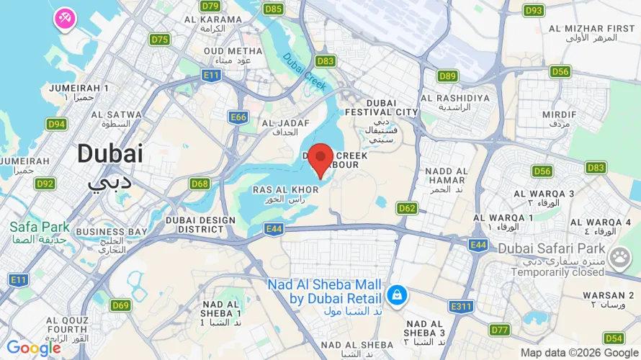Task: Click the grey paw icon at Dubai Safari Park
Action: pos(619,256)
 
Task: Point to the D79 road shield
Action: pos(210,6)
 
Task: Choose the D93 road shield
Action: pos(534,10)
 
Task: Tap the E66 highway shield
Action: pos(238,117)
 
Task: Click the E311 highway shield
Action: pos(462,307)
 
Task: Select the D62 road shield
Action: pos(407,208)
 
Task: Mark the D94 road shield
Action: pos(56,125)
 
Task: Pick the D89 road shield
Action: pos(447,76)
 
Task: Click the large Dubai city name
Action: pos(110,153)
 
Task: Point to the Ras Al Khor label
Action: pos(285,190)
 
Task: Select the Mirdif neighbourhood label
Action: pos(559,114)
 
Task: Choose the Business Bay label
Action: pos(112,232)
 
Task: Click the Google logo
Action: pos(33,348)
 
